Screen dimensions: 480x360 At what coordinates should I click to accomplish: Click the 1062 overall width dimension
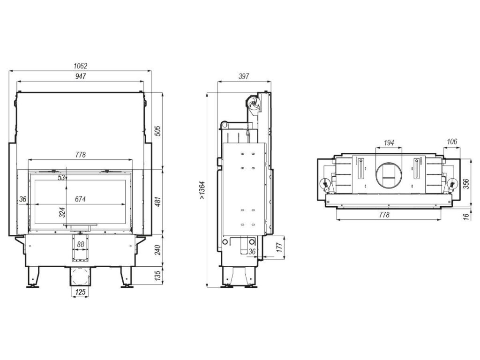(x=80, y=66)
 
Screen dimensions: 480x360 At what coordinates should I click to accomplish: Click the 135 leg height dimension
(x=158, y=274)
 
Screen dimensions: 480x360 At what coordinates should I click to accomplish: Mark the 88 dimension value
(x=80, y=244)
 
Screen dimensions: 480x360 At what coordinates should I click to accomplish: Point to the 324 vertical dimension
(x=62, y=212)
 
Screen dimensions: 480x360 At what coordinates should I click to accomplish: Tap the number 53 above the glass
(x=60, y=177)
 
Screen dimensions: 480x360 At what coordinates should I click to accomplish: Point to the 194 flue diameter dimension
(x=388, y=142)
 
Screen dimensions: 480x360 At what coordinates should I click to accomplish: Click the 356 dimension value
(x=466, y=183)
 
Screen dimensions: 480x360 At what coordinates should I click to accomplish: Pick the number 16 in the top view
(x=466, y=216)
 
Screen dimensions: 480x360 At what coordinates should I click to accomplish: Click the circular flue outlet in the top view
(x=388, y=176)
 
